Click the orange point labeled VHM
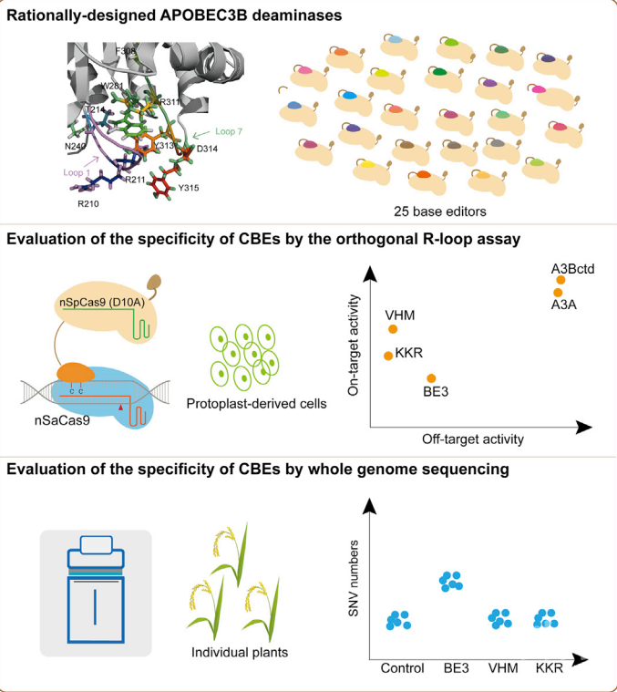pyautogui.click(x=393, y=329)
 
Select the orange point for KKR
pyautogui.click(x=389, y=356)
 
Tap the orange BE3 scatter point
pyautogui.click(x=431, y=378)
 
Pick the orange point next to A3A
pyautogui.click(x=558, y=292)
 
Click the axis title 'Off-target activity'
pyautogui.click(x=472, y=439)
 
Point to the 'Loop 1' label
pyautogui.click(x=78, y=169)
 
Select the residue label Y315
pyautogui.click(x=189, y=188)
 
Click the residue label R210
pyautogui.click(x=88, y=203)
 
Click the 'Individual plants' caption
pyautogui.click(x=233, y=652)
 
